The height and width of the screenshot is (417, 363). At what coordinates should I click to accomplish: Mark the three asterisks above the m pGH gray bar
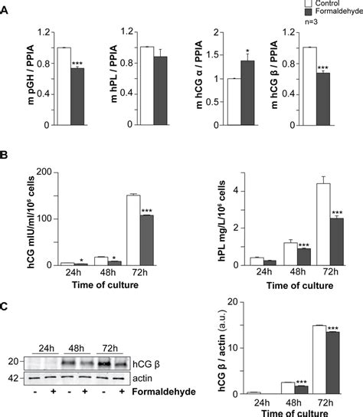[x=77, y=62]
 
